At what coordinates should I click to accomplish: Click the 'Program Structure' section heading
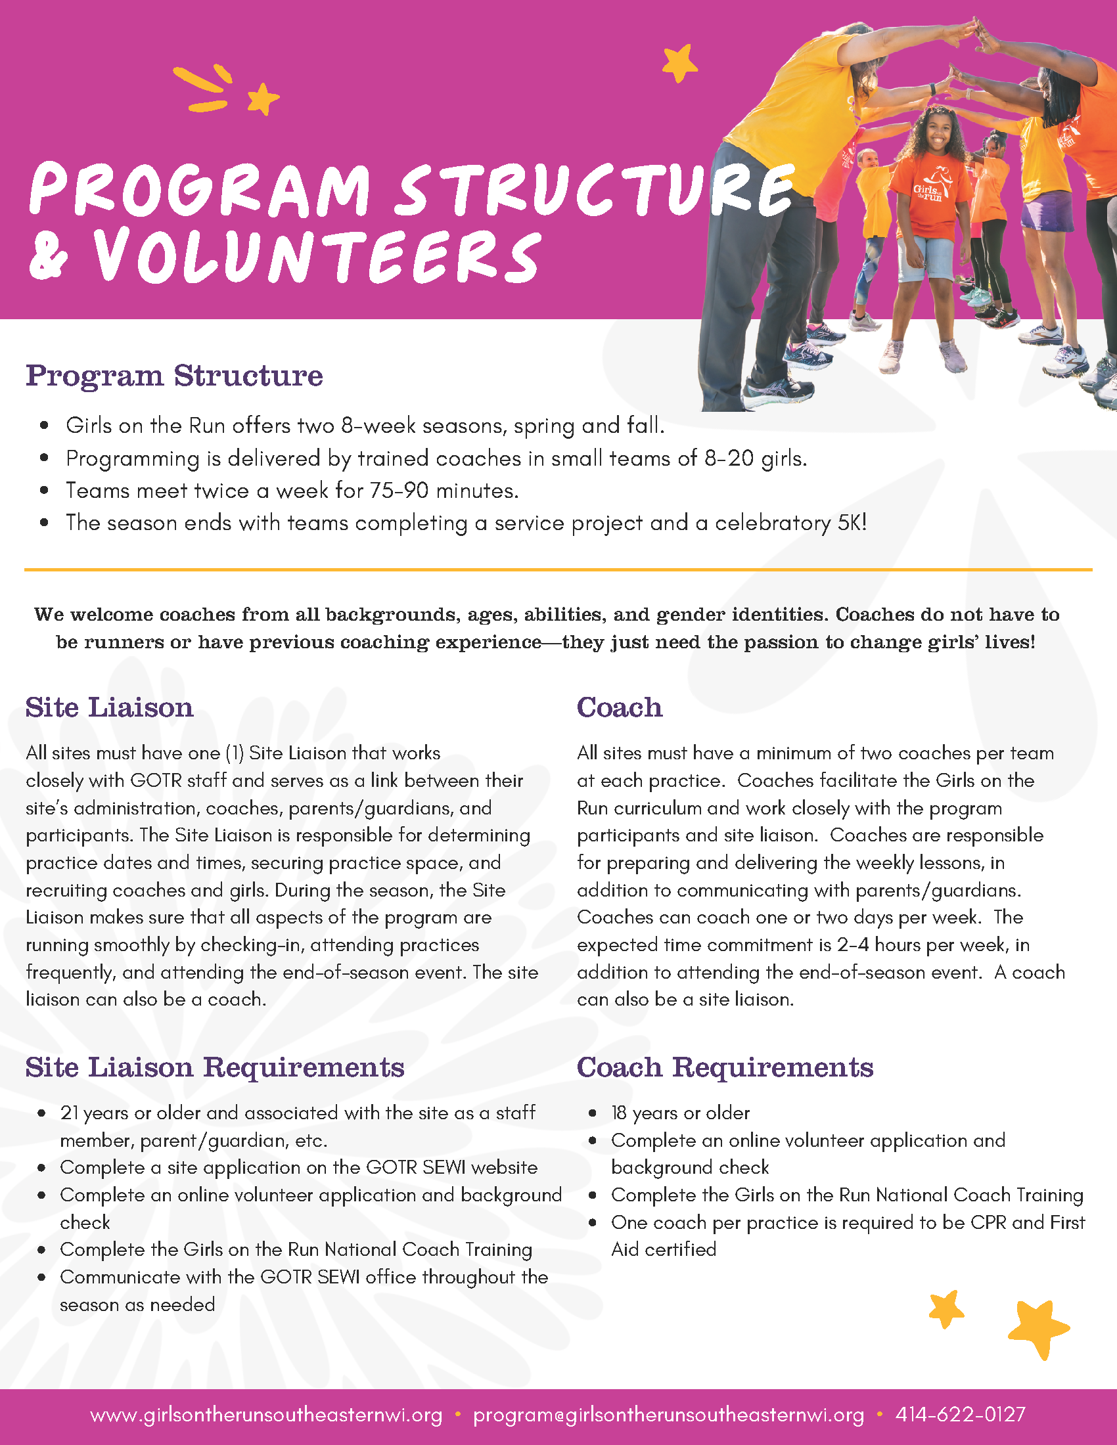click(x=174, y=376)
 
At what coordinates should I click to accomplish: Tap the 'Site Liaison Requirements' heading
click(x=214, y=1068)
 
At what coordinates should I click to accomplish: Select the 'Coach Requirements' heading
click(x=725, y=1068)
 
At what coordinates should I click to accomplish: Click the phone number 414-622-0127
click(x=960, y=1415)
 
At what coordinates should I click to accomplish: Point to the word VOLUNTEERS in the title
click(x=316, y=257)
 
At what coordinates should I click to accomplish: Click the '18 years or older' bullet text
click(x=680, y=1113)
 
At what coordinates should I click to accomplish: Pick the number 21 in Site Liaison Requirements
click(x=69, y=1113)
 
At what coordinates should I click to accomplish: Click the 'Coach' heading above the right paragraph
click(x=619, y=708)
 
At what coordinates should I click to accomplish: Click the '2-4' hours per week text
click(x=852, y=945)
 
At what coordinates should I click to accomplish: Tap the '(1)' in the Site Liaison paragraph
click(x=235, y=753)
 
